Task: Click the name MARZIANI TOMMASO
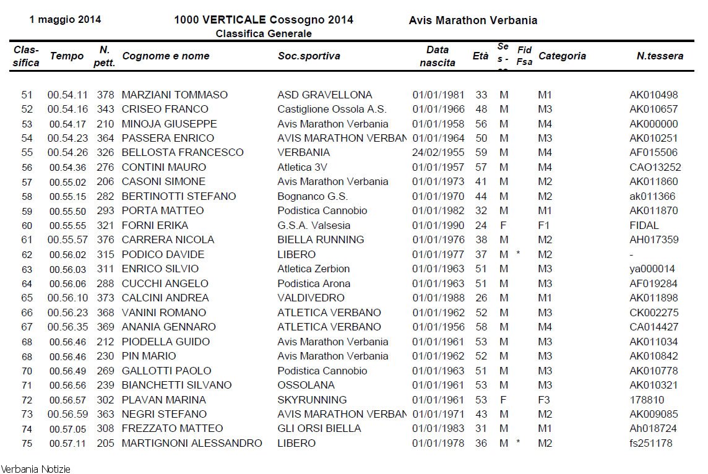(x=175, y=95)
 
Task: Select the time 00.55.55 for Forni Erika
(x=67, y=225)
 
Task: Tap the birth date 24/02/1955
(x=438, y=153)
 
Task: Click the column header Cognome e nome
(x=166, y=56)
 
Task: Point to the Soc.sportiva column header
(x=309, y=56)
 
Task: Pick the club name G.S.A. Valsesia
(x=314, y=225)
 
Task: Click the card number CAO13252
(x=655, y=167)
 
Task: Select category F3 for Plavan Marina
(x=545, y=400)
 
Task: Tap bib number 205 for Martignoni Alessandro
(x=105, y=443)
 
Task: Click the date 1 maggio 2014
(x=65, y=20)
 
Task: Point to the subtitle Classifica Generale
(x=264, y=33)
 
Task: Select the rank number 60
(x=27, y=225)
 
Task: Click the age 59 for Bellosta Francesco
(x=481, y=153)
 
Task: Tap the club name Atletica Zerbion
(x=314, y=269)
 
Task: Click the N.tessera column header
(x=660, y=56)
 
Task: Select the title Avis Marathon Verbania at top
(x=473, y=20)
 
